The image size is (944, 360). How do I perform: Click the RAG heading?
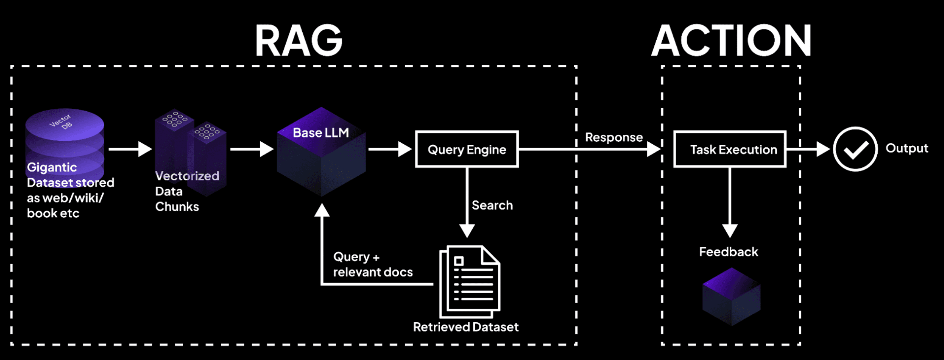click(298, 41)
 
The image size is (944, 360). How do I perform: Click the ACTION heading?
click(731, 41)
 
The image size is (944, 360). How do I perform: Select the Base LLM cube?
click(321, 153)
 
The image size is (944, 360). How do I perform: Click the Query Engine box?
click(467, 149)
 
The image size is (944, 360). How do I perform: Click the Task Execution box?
click(730, 149)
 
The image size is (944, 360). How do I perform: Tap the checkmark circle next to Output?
click(855, 149)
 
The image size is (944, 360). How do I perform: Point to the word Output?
click(907, 148)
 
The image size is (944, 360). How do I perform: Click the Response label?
click(613, 137)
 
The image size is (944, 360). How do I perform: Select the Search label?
click(492, 205)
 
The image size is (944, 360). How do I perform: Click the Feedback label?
click(728, 252)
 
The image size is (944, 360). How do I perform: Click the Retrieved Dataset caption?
click(466, 327)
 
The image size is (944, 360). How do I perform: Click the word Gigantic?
click(52, 167)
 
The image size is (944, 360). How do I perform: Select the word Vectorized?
click(187, 176)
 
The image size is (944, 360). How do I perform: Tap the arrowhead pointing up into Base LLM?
click(322, 210)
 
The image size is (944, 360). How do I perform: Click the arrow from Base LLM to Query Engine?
click(389, 149)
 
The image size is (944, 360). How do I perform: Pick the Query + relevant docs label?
click(372, 264)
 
